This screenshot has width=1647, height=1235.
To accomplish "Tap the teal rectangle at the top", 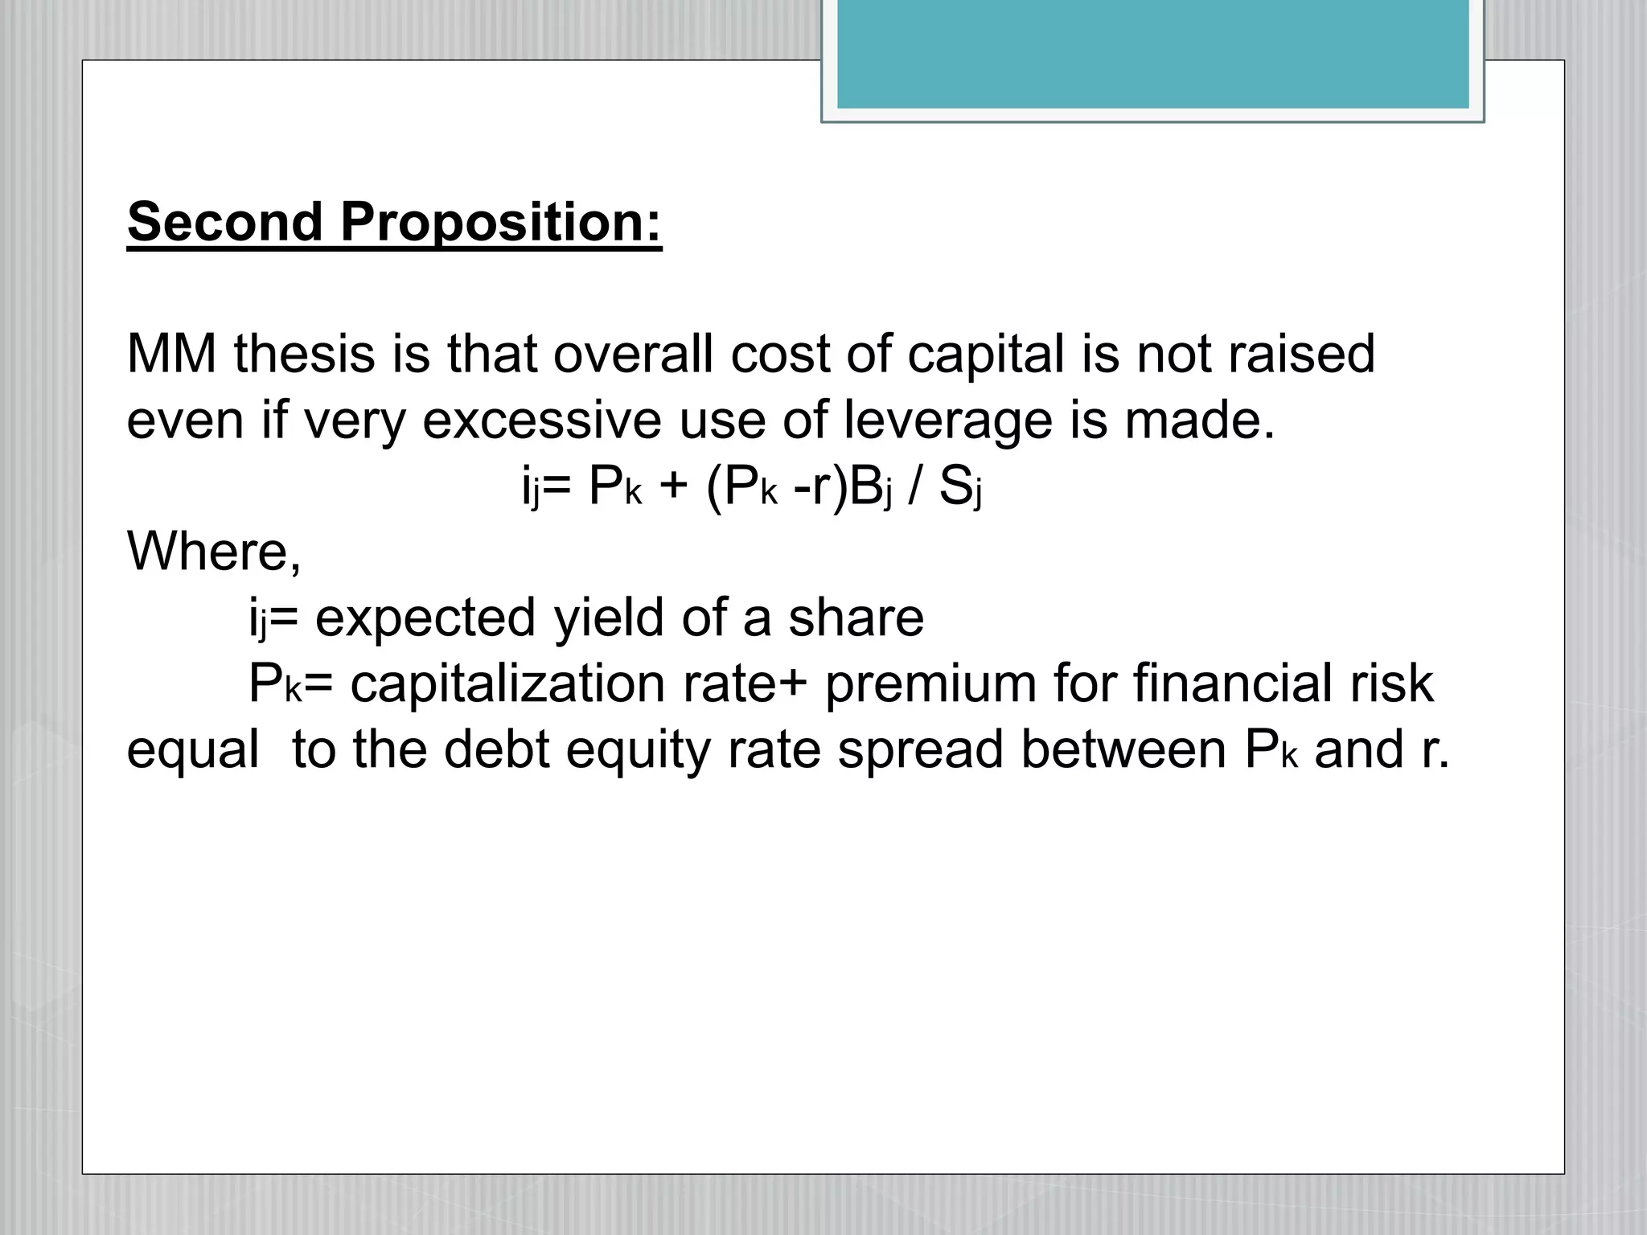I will tap(1152, 53).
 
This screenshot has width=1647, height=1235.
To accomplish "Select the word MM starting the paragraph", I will tap(171, 354).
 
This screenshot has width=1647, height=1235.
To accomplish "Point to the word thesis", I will tap(304, 354).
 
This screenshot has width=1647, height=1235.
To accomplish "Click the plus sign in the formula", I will tap(673, 486).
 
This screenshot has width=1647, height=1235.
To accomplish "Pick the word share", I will tap(856, 617).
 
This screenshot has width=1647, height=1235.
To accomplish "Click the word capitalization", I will tap(507, 683).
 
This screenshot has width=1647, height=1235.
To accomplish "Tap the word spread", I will tap(921, 751).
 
